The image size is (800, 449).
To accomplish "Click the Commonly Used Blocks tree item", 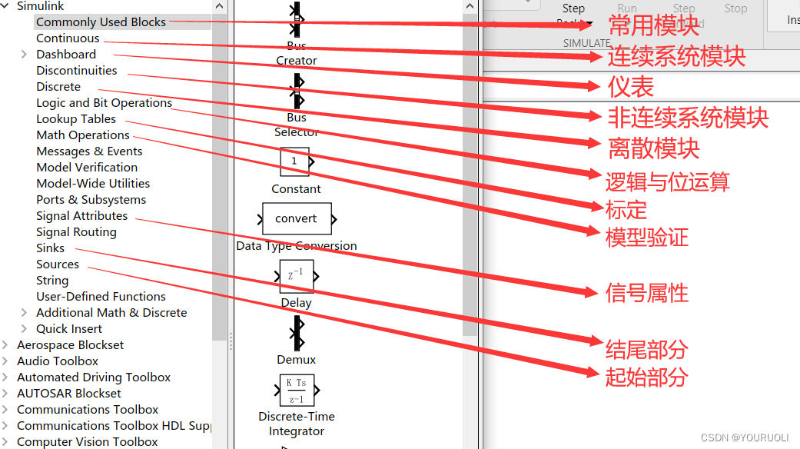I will pos(101,22).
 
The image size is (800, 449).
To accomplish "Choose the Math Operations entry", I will pos(83,135).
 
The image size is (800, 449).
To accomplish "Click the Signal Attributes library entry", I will pos(82,216).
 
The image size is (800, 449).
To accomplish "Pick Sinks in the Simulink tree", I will pos(51,248).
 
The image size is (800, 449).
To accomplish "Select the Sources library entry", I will pos(58,264).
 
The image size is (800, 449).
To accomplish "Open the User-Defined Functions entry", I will pos(101,297).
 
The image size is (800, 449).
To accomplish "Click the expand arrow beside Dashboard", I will pos(24,55).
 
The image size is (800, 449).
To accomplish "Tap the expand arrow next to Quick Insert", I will pos(24,329).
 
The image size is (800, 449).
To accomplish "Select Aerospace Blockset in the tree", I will pos(70,345).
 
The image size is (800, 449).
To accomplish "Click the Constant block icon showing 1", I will pos(295,162).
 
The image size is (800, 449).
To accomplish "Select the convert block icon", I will pos(297,219).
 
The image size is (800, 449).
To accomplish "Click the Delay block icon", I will pos(297,276).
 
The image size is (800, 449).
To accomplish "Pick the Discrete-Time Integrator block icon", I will pos(297,390).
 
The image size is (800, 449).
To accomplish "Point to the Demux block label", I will pos(297,360).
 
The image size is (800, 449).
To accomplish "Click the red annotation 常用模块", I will pos(653,25).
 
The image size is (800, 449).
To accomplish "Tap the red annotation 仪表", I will pos(631,87).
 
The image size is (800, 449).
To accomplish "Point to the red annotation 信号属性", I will pos(647,293).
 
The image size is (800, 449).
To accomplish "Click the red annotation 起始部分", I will pos(646,377).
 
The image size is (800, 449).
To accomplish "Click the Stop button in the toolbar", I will pos(735,8).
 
